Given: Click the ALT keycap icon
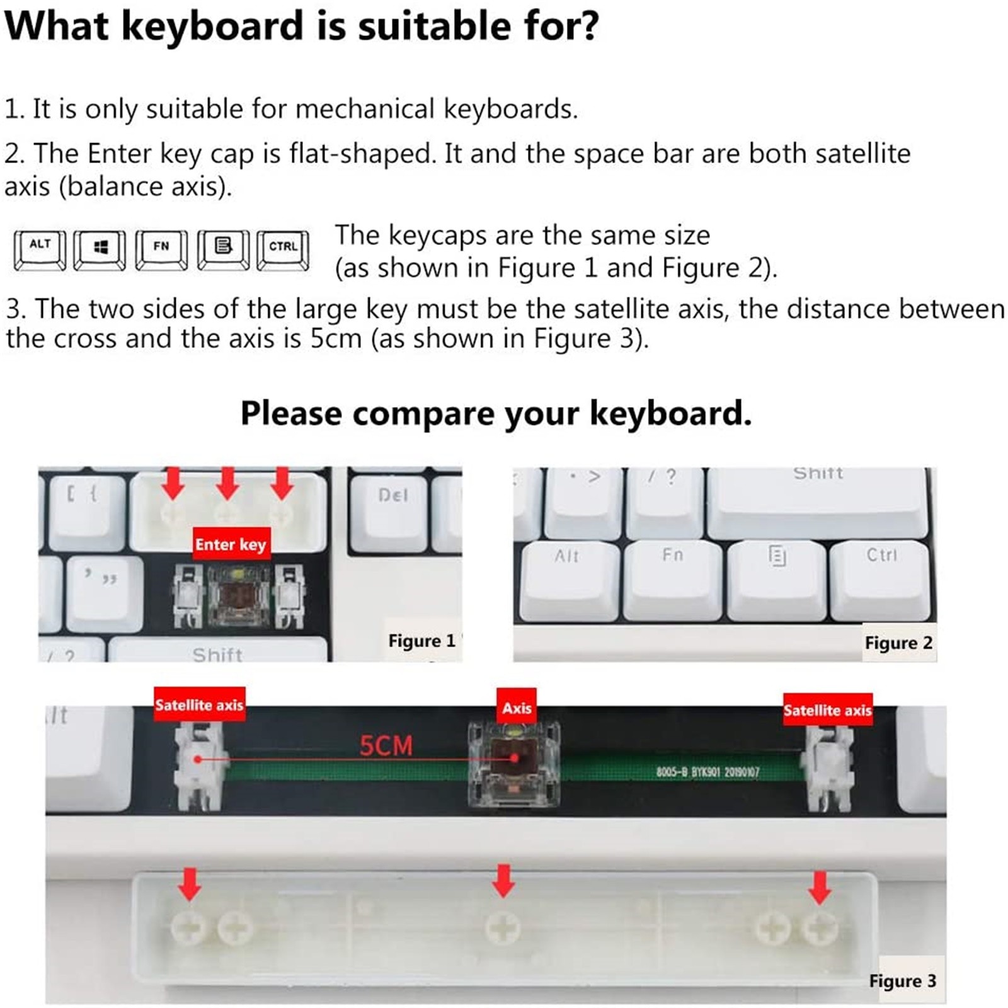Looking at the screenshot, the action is (40, 250).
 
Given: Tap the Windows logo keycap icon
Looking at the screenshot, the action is (100, 250).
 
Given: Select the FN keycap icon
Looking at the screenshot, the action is (161, 250).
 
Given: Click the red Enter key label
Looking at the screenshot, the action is (231, 544).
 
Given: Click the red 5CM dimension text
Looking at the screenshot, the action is (386, 746).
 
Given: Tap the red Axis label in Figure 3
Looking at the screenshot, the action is (517, 708).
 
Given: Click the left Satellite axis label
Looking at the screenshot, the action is (199, 704).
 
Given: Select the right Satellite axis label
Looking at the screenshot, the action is (828, 710).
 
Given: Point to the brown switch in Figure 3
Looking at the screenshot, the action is (514, 765).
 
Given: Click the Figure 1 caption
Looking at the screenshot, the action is (421, 641).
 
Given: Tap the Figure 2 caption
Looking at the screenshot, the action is (898, 643).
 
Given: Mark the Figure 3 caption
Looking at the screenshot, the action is (902, 981).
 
